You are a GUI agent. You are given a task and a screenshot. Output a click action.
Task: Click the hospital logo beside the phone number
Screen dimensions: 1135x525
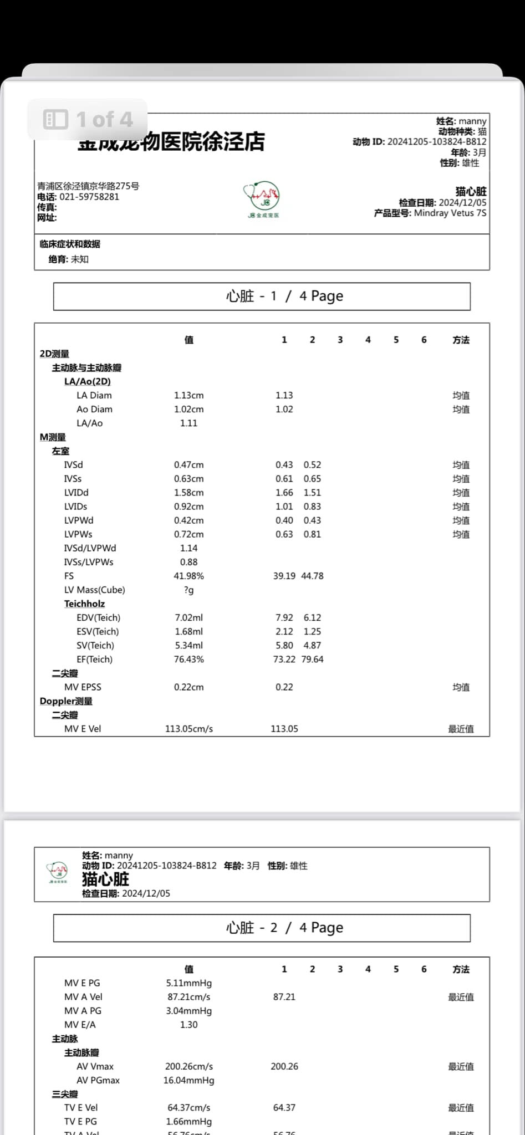click(262, 198)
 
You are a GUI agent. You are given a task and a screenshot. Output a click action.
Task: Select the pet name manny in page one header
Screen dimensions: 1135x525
click(472, 121)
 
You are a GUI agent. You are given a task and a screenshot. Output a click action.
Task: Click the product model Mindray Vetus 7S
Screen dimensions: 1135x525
click(450, 213)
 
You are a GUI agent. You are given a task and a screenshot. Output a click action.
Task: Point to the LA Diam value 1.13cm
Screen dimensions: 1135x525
click(188, 395)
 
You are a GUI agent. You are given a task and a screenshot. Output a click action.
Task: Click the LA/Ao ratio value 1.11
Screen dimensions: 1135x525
click(188, 423)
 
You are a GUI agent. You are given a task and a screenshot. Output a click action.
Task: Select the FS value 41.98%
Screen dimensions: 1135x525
click(188, 576)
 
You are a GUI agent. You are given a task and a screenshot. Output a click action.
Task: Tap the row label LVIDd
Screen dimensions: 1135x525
click(76, 492)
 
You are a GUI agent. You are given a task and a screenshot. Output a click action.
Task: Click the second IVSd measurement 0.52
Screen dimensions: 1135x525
click(312, 464)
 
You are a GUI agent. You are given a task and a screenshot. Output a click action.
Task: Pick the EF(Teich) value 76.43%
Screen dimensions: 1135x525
click(188, 659)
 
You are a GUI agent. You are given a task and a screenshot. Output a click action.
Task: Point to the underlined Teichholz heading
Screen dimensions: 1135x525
click(84, 604)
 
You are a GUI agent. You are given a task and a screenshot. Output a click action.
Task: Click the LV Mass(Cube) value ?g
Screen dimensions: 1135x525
click(188, 590)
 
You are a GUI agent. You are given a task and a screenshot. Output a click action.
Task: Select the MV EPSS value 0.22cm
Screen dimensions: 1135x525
click(188, 687)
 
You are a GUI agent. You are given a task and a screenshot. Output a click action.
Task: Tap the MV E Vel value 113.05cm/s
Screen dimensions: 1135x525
click(188, 728)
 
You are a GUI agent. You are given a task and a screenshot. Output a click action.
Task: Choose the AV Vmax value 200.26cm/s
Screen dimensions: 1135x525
click(188, 1066)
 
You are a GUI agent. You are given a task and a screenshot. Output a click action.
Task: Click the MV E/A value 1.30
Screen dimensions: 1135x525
click(188, 1024)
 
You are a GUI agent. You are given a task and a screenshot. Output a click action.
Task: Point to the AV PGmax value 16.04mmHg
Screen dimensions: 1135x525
click(188, 1080)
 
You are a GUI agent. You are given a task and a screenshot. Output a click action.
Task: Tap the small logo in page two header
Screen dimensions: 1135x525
click(58, 872)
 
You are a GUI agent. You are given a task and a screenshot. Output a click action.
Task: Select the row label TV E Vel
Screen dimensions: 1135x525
click(81, 1107)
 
